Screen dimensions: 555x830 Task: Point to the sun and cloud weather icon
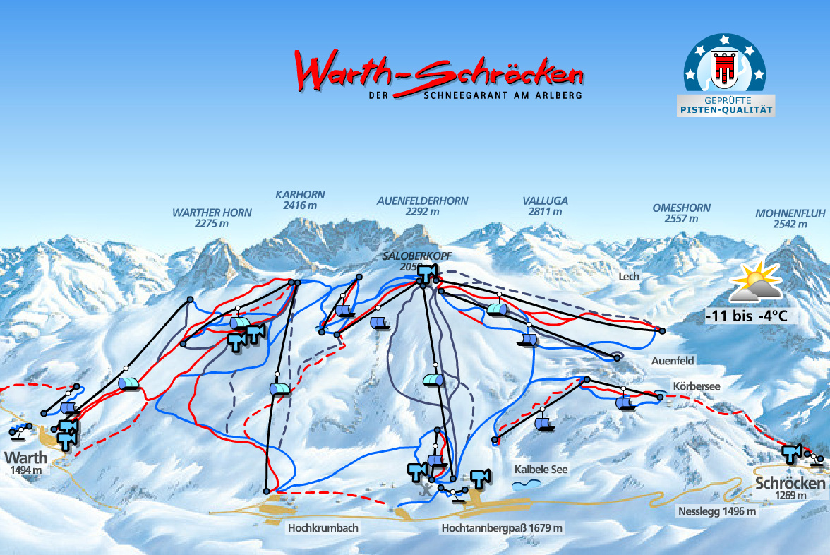coord(756,282)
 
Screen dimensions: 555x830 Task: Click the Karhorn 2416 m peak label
coord(300,200)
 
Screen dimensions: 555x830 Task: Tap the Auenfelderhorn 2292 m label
coord(422,205)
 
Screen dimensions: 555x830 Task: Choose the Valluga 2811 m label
coord(545,205)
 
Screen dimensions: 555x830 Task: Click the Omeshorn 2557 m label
coord(681,213)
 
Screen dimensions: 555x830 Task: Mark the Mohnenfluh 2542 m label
coord(781,218)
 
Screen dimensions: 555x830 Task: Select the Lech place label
coord(628,277)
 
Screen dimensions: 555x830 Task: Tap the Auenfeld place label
coord(673,361)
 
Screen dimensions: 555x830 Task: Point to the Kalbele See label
coord(541,469)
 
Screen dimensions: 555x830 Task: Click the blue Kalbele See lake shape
coord(527,484)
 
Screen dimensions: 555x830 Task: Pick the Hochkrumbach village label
coord(323,527)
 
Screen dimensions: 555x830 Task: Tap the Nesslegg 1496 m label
coord(717,511)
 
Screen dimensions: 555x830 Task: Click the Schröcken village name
coord(790,484)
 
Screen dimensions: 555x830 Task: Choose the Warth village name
coord(26,457)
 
